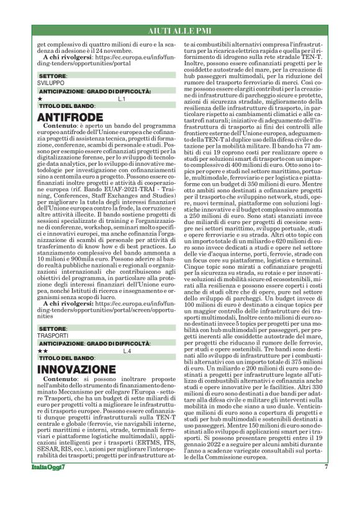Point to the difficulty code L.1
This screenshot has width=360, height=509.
pos(122,99)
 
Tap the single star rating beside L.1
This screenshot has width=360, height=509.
pos(40,99)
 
